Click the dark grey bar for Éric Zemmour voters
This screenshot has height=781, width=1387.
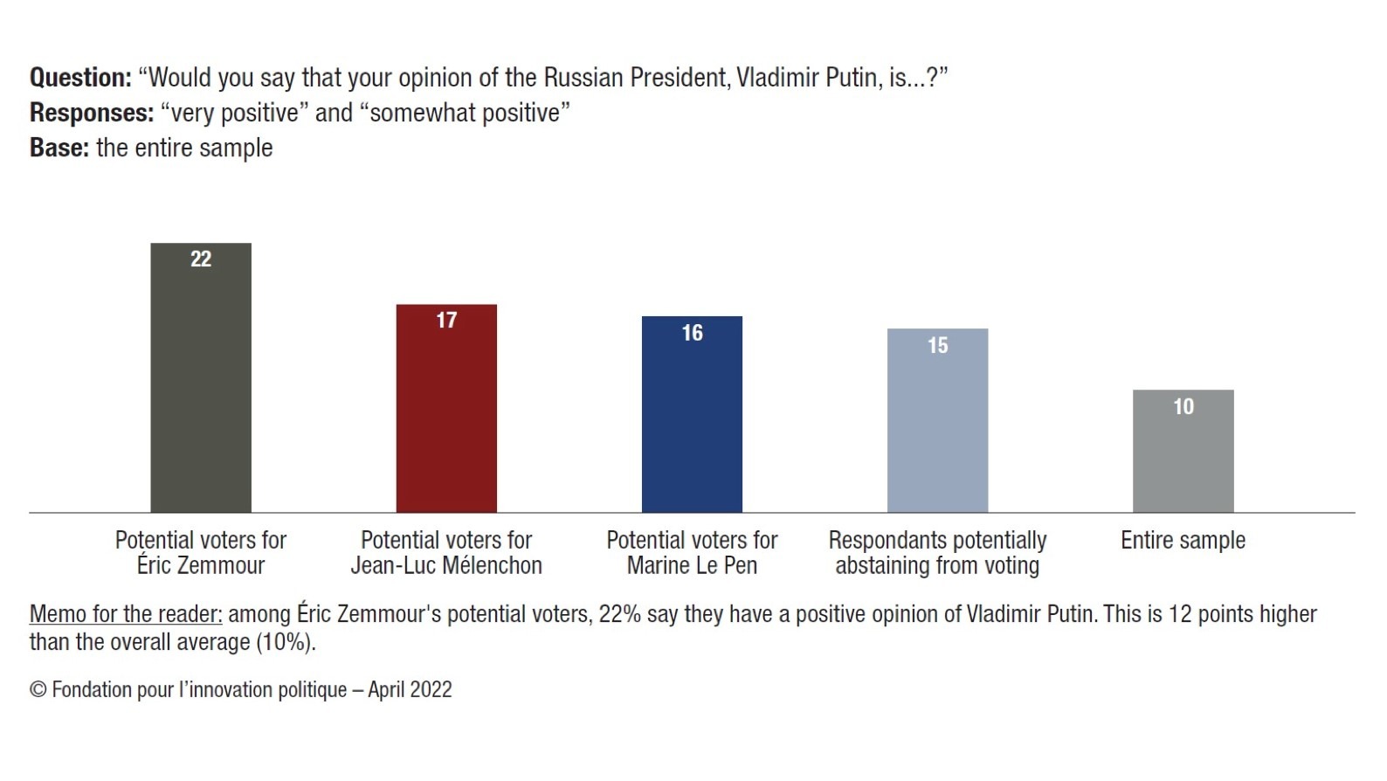point(201,384)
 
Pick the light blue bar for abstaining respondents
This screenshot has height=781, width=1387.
point(937,427)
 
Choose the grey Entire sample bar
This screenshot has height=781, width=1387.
point(1183,459)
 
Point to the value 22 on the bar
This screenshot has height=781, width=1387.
point(201,259)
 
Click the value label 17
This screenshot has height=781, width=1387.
point(446,320)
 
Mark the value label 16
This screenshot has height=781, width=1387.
point(692,333)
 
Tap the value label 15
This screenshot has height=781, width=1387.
point(937,345)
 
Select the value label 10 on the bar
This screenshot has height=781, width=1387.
point(1183,406)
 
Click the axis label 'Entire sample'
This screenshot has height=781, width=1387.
point(1183,540)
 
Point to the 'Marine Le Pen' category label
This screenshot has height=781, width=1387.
point(692,565)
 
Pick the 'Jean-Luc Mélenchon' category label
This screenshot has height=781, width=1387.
point(446,565)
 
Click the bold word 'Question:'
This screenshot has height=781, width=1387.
point(80,78)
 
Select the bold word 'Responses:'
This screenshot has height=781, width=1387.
point(92,113)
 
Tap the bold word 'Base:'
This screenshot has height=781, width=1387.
point(59,148)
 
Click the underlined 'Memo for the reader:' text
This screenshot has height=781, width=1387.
point(126,614)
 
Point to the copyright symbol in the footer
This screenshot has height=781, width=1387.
point(38,689)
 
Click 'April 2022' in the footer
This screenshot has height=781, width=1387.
point(410,689)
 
